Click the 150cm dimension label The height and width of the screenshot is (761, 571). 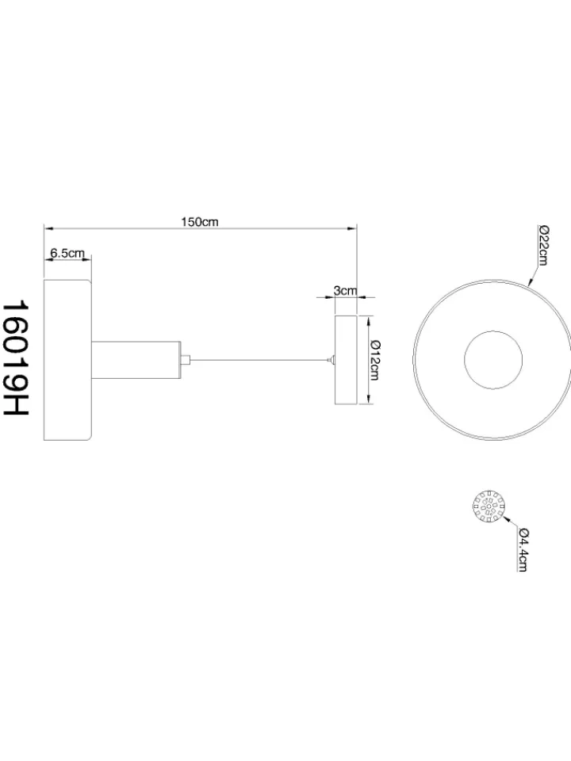coord(200,222)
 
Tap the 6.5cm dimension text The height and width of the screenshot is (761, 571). coord(67,253)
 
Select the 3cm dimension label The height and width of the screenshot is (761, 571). coord(345,291)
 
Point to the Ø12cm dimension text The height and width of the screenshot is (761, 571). coord(375,360)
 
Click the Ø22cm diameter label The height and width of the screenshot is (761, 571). coord(542,245)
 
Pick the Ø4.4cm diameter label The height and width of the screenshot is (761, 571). coord(523,549)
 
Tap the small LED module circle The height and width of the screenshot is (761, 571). coord(489,507)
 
